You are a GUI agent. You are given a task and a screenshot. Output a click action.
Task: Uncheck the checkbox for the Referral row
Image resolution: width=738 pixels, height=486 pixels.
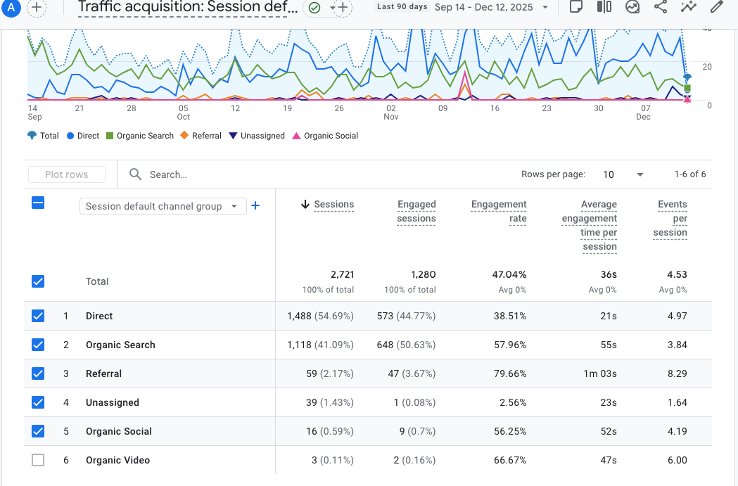point(38,373)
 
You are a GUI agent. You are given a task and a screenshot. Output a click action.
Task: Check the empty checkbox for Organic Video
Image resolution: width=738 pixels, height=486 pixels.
point(38,460)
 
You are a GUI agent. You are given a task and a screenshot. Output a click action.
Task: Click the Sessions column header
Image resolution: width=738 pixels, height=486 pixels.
point(333,205)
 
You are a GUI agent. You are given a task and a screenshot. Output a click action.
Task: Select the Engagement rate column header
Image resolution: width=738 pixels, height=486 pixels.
point(499,211)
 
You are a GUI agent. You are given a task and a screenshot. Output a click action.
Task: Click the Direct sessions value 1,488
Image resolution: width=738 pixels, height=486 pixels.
point(299,316)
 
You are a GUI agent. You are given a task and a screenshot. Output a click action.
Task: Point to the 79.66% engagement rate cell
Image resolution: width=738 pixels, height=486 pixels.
point(510,373)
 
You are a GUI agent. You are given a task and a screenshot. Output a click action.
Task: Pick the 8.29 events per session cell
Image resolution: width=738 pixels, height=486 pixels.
point(677,373)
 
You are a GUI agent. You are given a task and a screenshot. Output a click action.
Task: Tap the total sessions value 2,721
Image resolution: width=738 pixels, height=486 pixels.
point(342,274)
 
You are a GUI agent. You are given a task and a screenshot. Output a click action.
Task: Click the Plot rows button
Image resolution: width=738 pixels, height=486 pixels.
point(67,174)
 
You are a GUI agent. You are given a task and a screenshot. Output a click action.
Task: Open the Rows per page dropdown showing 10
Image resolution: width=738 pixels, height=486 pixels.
point(623,174)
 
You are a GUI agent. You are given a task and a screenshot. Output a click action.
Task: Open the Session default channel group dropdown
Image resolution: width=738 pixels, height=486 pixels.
point(163,206)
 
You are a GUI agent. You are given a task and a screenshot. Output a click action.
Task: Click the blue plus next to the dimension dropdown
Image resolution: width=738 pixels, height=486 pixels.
point(255,205)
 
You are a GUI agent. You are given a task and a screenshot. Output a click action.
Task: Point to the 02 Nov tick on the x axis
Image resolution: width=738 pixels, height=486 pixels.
point(391,113)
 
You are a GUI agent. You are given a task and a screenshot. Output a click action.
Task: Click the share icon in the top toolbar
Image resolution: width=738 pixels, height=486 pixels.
point(661,7)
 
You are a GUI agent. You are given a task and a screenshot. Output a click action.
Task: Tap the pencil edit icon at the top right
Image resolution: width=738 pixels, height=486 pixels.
point(716,7)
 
